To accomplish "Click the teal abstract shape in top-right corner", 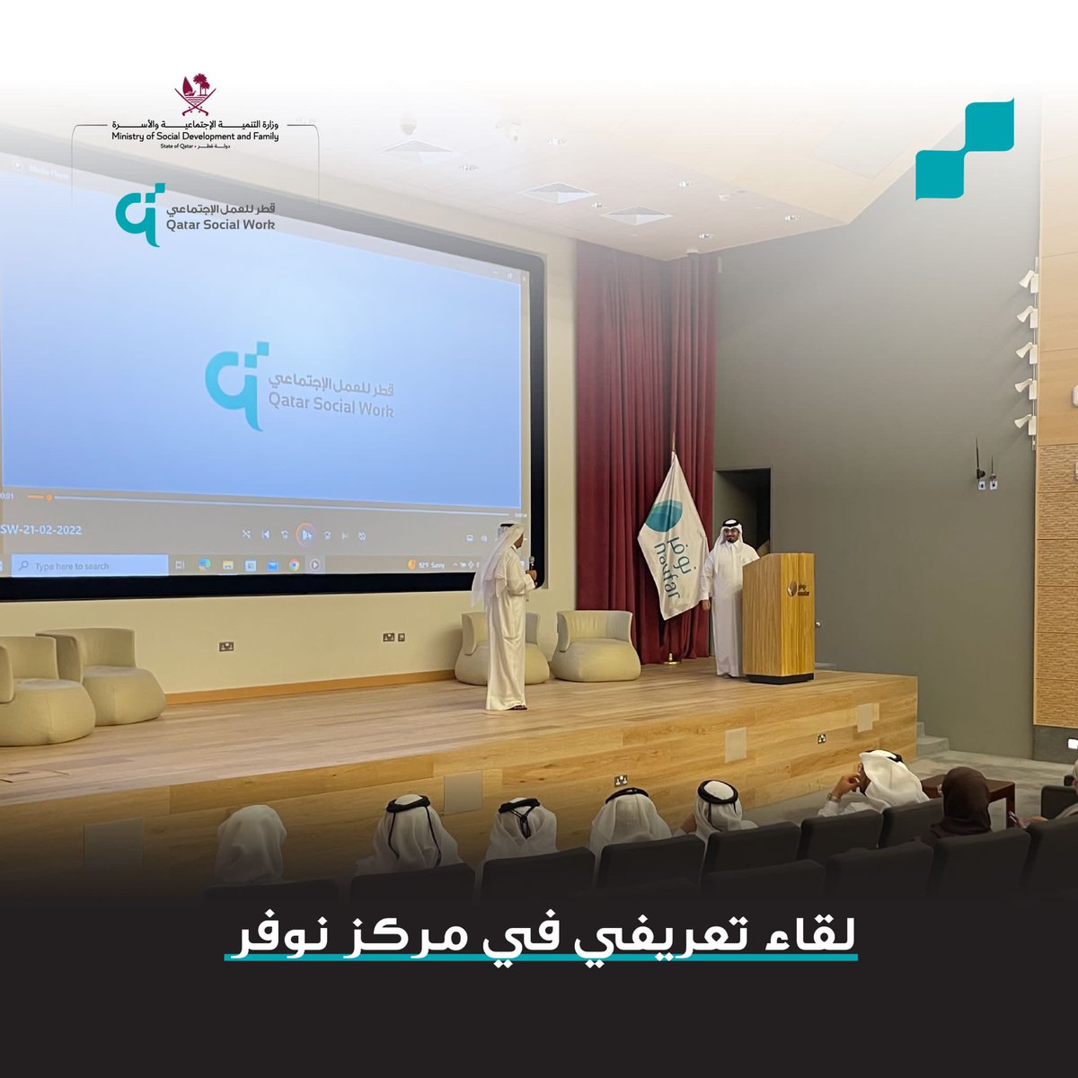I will (965, 149).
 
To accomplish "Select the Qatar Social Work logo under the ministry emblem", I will (195, 215).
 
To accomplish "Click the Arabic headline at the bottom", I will (542, 933).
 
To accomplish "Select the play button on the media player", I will (305, 535).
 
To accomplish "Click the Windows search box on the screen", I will (90, 566).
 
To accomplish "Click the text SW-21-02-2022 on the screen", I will (41, 530).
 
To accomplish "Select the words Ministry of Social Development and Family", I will (195, 137).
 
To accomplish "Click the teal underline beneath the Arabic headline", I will (542, 958).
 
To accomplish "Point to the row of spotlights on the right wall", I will (1026, 350).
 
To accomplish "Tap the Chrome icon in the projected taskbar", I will (294, 565).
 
